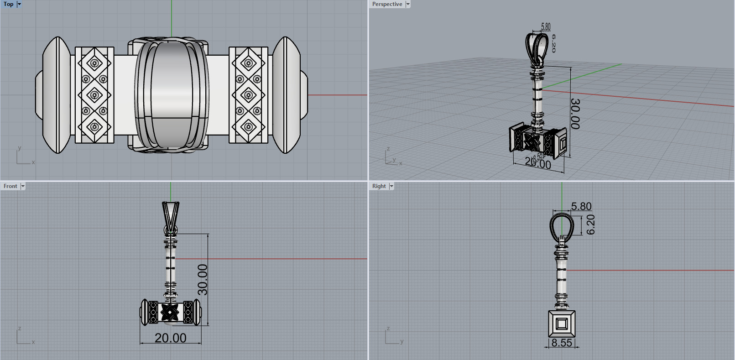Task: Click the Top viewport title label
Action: (8, 4)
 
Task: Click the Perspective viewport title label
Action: (387, 4)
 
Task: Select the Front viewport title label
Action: (10, 186)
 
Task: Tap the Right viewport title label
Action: (379, 186)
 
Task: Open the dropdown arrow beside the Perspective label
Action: (408, 4)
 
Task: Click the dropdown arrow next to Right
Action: (391, 186)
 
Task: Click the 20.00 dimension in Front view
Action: (170, 338)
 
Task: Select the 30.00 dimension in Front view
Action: (203, 279)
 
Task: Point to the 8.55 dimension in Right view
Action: (562, 343)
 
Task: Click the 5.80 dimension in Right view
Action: (581, 206)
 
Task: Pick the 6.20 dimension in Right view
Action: (590, 224)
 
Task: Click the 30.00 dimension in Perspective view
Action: (575, 114)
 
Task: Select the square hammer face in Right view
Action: (562, 324)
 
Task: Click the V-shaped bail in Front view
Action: (171, 214)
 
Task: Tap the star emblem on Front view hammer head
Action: (170, 312)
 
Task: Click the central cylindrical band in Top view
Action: (172, 95)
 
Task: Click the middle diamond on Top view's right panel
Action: (249, 95)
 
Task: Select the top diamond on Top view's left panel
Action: (94, 63)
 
